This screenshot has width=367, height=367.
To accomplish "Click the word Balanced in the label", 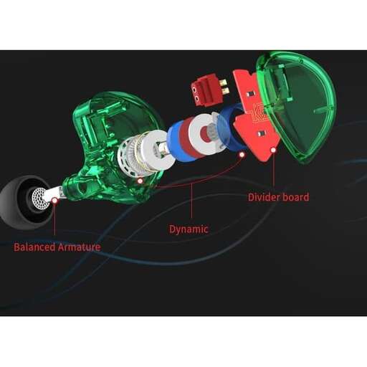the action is tap(34, 247).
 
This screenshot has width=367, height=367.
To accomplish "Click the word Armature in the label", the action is tap(79, 247).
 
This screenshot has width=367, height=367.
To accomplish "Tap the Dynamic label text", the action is tap(189, 229).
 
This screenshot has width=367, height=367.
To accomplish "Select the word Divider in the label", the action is tap(264, 197).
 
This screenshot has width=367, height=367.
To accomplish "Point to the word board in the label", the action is tap(295, 197).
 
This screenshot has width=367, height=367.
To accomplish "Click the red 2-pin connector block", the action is tap(206, 90).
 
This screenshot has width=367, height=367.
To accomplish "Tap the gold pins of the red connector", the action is tap(224, 87).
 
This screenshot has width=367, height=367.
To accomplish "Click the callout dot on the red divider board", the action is tap(273, 150).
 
